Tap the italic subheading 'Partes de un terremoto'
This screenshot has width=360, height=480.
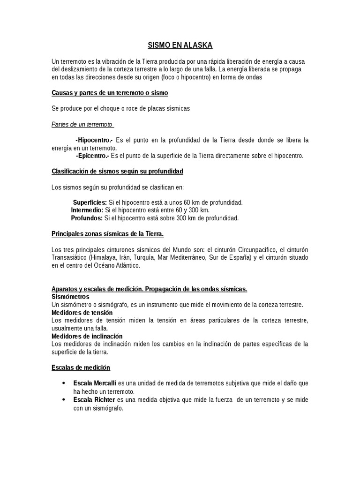82,124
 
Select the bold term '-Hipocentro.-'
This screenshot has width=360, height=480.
94,140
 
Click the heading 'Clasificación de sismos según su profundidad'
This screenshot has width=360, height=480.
117,171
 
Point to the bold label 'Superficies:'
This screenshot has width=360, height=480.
90,202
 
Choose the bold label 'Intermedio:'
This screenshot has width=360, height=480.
87,210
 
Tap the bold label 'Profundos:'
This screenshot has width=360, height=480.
87,218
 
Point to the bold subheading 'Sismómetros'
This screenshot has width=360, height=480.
70,297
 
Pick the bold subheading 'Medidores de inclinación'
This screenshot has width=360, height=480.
87,336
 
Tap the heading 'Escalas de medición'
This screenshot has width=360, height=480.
81,367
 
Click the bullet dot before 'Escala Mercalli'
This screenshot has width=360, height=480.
63,383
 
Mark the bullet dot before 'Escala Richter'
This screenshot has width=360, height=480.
63,399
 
